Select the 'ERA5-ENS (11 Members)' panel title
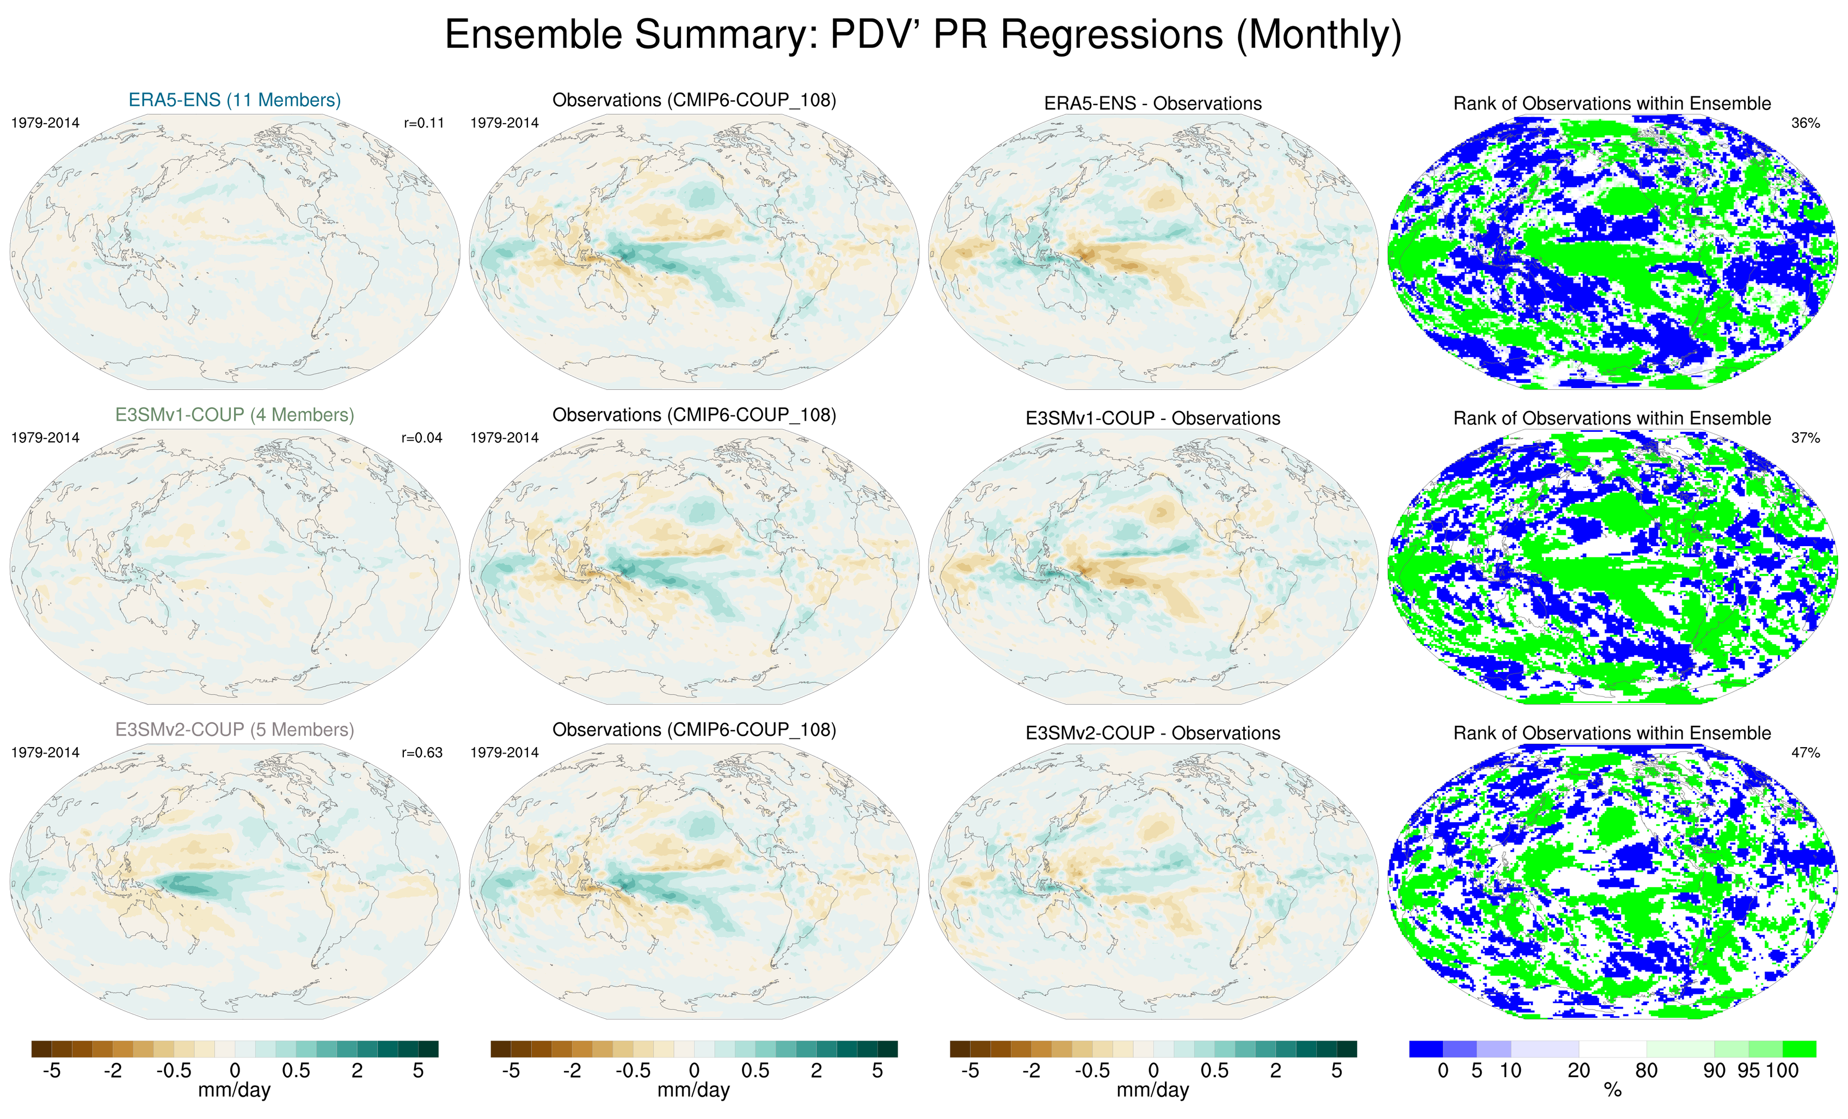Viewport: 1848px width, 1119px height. pos(235,100)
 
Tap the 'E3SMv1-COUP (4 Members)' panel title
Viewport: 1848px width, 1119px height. pos(235,414)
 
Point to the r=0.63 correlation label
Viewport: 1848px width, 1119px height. pos(422,752)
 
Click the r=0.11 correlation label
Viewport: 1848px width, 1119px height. pos(423,123)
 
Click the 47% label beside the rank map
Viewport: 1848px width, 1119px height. pos(1805,752)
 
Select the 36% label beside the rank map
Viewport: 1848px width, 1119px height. pos(1805,123)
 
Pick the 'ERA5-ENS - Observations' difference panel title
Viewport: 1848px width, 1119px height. pos(1153,103)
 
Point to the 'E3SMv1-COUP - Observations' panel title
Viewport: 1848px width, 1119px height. pos(1153,418)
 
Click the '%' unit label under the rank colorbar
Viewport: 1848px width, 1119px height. pos(1612,1091)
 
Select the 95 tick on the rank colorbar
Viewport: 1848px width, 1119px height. pos(1748,1070)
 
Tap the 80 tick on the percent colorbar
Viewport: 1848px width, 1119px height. pos(1646,1070)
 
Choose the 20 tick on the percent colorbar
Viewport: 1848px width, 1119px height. pos(1578,1070)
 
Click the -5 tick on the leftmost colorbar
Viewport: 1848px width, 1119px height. pos(51,1070)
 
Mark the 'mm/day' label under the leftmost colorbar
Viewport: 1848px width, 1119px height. pos(234,1091)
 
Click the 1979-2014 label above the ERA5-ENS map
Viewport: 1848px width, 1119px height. pos(45,123)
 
